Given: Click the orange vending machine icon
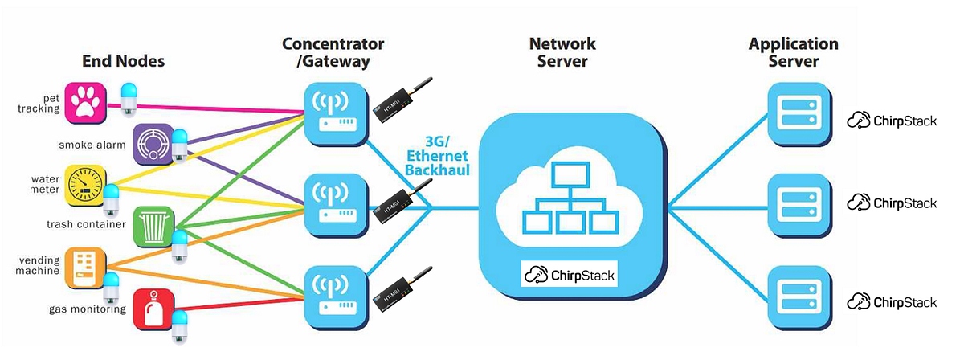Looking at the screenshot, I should click(x=86, y=268).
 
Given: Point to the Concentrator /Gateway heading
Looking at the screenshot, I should click(x=333, y=51).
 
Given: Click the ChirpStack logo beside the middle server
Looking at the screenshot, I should click(x=893, y=202).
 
